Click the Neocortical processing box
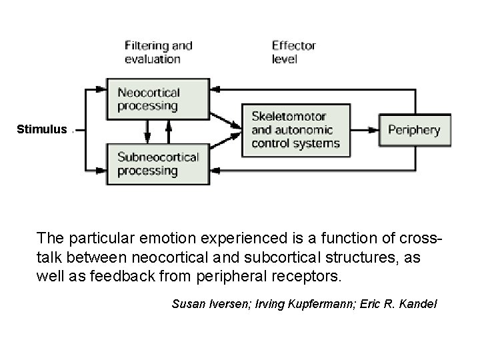pos(147,99)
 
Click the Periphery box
pos(415,130)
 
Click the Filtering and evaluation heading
pos(158,52)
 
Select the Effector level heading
pos(293,52)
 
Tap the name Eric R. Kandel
pos(398,305)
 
